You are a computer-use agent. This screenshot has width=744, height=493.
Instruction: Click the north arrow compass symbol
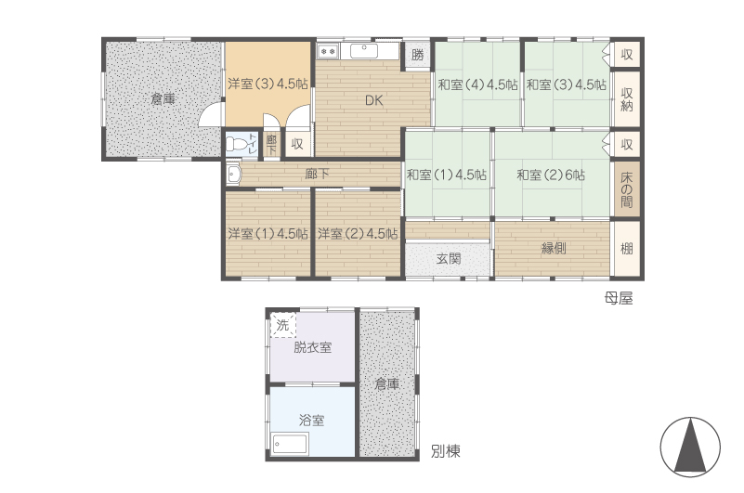tap(690, 447)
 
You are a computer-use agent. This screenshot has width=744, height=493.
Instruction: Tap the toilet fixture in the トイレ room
tap(236, 144)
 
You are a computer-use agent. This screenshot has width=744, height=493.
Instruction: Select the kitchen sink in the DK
tap(364, 51)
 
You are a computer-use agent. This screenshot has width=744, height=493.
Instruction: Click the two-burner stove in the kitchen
tap(328, 50)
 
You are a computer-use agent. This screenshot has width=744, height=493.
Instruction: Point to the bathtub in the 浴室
tap(290, 445)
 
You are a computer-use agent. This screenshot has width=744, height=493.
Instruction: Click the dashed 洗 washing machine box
tap(283, 325)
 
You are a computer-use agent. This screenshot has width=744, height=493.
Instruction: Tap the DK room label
tap(374, 100)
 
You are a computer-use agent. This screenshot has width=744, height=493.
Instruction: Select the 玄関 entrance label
tap(449, 259)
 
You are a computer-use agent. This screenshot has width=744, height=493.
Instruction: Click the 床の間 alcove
tap(626, 189)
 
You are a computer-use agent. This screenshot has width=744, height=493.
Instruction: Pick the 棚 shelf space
tap(626, 248)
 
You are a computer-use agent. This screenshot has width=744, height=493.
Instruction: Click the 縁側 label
tap(554, 248)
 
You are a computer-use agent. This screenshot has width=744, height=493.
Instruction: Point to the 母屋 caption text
tap(619, 298)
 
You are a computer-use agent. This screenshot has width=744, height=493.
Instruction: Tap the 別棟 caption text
tap(446, 451)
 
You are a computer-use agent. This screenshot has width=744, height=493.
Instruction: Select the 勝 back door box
tap(417, 55)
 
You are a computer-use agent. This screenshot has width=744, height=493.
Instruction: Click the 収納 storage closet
tap(626, 98)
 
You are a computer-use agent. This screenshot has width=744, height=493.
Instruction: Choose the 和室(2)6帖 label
tap(551, 175)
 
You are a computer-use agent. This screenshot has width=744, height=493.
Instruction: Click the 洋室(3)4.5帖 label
tap(268, 84)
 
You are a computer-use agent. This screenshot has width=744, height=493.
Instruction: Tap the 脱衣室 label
tap(313, 347)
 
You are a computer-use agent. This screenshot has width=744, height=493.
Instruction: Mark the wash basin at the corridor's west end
tap(234, 175)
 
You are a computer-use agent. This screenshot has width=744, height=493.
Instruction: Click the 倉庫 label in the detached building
tap(387, 383)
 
